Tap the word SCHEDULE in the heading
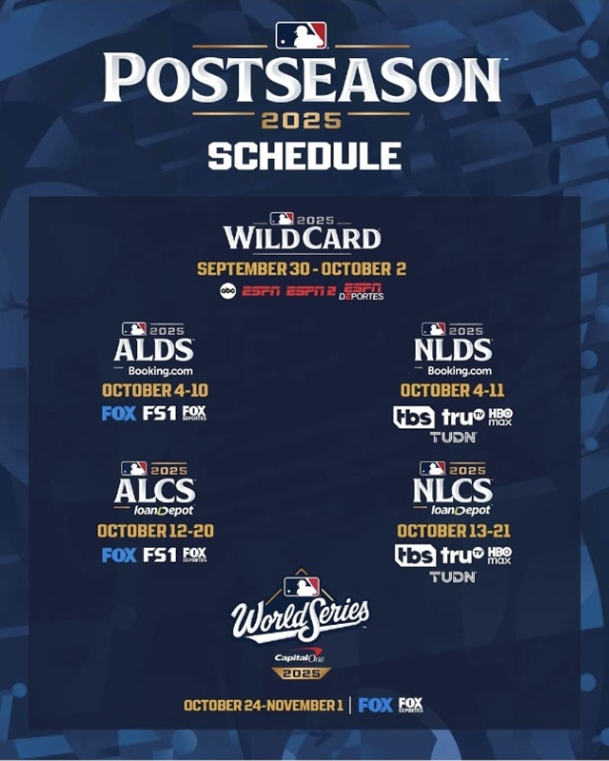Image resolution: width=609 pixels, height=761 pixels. [x=304, y=155]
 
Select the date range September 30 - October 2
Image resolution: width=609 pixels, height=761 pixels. [x=302, y=268]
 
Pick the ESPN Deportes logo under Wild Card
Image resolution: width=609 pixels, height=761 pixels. [x=364, y=292]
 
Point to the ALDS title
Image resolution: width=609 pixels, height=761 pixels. [x=153, y=350]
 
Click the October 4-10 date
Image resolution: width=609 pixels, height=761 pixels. [x=153, y=390]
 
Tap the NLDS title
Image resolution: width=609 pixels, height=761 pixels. [x=452, y=350]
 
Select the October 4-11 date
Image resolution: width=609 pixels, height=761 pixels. [x=452, y=390]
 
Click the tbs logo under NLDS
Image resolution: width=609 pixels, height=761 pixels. [x=414, y=417]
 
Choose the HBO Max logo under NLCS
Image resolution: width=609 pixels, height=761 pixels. [x=500, y=555]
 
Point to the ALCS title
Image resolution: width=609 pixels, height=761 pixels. [x=154, y=491]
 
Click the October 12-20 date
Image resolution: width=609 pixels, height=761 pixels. [x=153, y=531]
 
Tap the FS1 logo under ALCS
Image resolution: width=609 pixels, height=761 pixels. [x=160, y=556]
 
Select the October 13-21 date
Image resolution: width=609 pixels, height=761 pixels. [x=452, y=531]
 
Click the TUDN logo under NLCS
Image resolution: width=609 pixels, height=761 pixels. [x=452, y=576]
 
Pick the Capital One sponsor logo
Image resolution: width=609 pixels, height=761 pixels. [x=300, y=656]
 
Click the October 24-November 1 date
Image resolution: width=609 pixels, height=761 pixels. [x=263, y=705]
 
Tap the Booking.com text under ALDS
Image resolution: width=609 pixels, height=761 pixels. [x=153, y=371]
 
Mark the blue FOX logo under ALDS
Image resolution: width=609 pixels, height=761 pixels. [x=118, y=414]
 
